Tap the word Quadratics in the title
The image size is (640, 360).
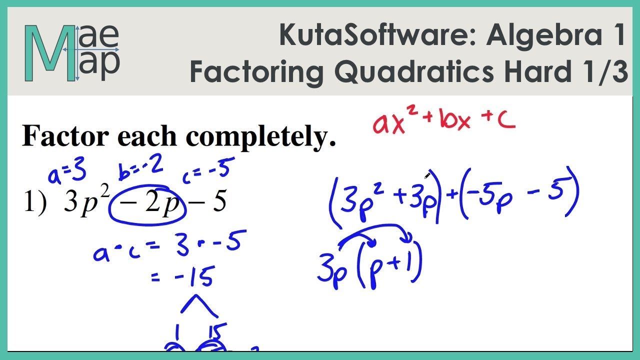pos(415,72)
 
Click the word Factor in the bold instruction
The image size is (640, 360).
pos(62,136)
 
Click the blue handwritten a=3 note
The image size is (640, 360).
pos(67,173)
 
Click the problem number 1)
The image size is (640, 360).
pos(35,202)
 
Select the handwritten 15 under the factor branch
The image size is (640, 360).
pos(216,332)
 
